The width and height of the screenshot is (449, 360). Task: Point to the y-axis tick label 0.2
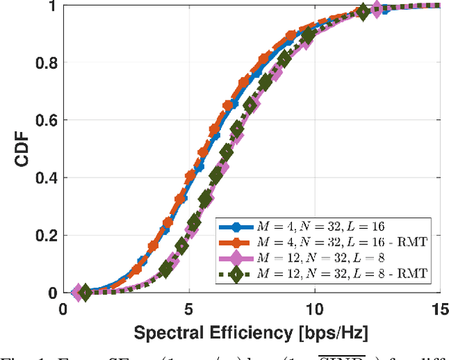(43, 235)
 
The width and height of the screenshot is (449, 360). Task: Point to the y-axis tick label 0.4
(43, 178)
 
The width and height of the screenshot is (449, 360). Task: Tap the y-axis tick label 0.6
(43, 120)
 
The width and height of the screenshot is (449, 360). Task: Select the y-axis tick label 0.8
(43, 62)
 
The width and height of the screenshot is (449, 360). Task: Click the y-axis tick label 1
(51, 6)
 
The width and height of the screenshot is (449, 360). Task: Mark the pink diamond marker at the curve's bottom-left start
(77, 291)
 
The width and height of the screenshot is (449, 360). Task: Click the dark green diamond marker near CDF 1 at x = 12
(363, 11)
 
